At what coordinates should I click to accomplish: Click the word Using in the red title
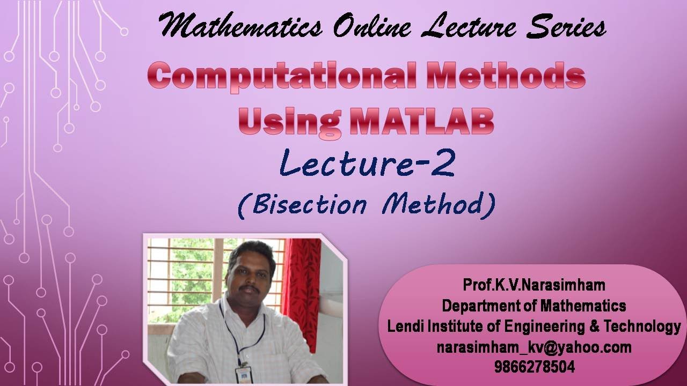(289, 122)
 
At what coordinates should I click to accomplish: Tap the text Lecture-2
(367, 164)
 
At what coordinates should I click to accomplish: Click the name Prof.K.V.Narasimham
(533, 285)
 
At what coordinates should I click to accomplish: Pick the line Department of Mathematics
(533, 306)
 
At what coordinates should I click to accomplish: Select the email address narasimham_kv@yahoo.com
(533, 347)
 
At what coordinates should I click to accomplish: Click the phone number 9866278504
(533, 367)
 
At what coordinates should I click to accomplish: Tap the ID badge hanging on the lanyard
(243, 374)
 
